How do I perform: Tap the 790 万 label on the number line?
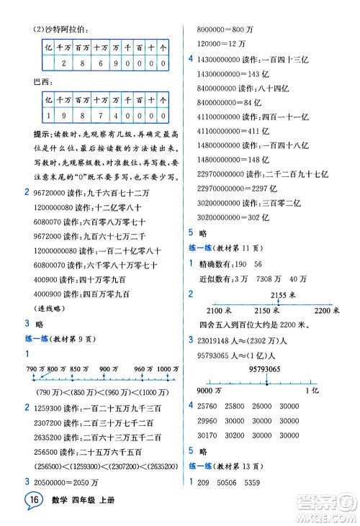[35, 368]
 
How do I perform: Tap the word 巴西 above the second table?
[42, 81]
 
